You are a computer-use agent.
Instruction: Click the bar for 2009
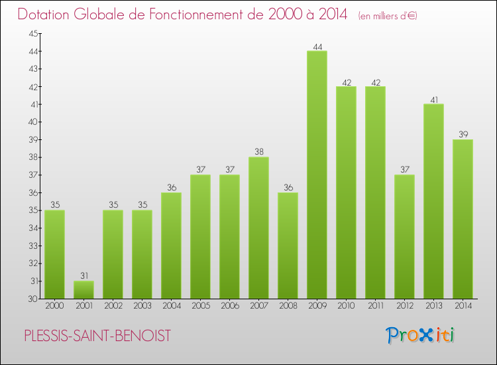pyautogui.click(x=317, y=175)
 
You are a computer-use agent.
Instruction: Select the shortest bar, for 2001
pyautogui.click(x=83, y=289)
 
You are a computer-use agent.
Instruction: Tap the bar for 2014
pyautogui.click(x=463, y=219)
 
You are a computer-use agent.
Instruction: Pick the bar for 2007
pyautogui.click(x=258, y=228)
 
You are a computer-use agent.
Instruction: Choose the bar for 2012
pyautogui.click(x=404, y=236)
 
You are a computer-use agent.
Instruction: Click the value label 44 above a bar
pyautogui.click(x=317, y=46)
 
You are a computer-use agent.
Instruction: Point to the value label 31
pyautogui.click(x=83, y=276)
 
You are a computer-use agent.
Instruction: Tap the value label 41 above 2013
pyautogui.click(x=433, y=100)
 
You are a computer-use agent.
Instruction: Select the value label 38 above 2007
pyautogui.click(x=258, y=153)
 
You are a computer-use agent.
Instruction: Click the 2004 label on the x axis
pyautogui.click(x=171, y=307)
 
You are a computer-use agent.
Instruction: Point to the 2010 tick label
pyautogui.click(x=346, y=307)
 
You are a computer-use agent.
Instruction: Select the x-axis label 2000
pyautogui.click(x=54, y=307)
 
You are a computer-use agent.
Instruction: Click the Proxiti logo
pyautogui.click(x=421, y=334)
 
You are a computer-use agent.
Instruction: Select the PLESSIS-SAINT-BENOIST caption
pyautogui.click(x=97, y=336)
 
